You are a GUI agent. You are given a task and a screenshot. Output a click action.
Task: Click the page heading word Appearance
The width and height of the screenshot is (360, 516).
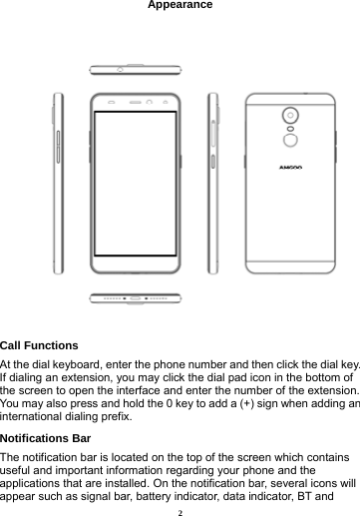pyautogui.click(x=180, y=6)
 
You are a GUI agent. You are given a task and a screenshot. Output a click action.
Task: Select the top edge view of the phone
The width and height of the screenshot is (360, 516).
pyautogui.click(x=137, y=70)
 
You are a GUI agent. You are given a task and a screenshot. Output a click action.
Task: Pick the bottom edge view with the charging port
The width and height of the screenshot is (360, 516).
pyautogui.click(x=137, y=297)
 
